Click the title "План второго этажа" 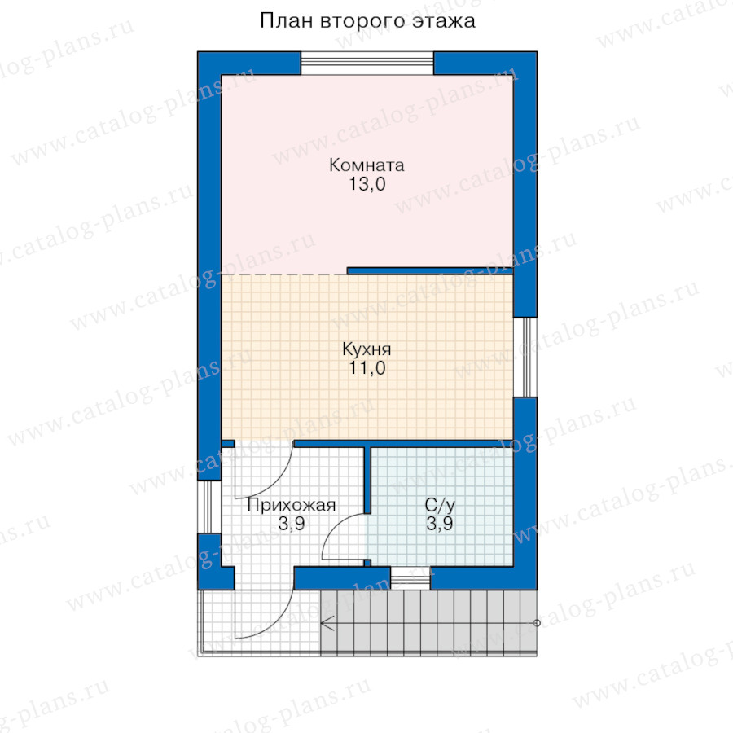[x=367, y=21]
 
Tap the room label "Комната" [x=366, y=165]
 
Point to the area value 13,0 [x=367, y=184]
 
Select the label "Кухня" [x=366, y=349]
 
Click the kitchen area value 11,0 [x=367, y=368]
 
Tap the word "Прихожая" [x=292, y=505]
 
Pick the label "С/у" [x=440, y=505]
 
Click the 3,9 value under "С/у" [x=440, y=524]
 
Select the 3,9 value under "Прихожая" [x=292, y=524]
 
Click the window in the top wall [x=367, y=63]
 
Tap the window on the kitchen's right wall [x=525, y=358]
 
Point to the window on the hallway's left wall [x=209, y=507]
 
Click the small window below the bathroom [x=410, y=578]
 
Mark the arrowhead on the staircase [x=327, y=623]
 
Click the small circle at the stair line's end [x=537, y=623]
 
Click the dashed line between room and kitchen [x=284, y=274]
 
